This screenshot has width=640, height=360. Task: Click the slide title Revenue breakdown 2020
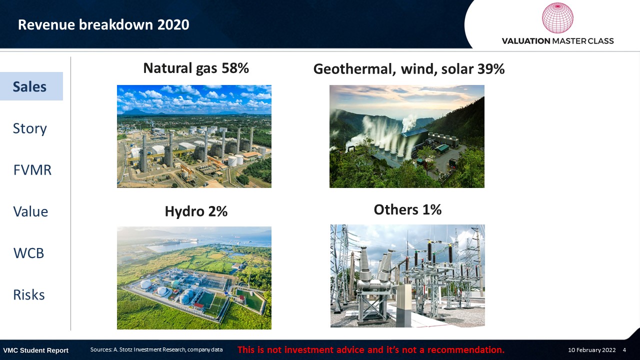pyautogui.click(x=103, y=24)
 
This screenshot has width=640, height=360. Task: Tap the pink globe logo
pyautogui.click(x=557, y=17)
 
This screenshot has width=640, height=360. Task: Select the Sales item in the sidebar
pyautogui.click(x=29, y=86)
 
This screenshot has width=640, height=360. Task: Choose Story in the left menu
pyautogui.click(x=29, y=128)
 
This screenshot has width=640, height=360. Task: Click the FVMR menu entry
pyautogui.click(x=32, y=170)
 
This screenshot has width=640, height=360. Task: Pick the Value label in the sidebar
pyautogui.click(x=30, y=211)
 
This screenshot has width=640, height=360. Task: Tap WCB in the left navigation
pyautogui.click(x=28, y=253)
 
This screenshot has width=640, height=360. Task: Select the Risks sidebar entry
pyautogui.click(x=29, y=295)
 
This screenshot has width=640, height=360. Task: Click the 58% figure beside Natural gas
pyautogui.click(x=235, y=68)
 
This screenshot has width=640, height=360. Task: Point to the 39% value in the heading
pyautogui.click(x=490, y=69)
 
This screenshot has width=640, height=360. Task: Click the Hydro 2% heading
pyautogui.click(x=196, y=211)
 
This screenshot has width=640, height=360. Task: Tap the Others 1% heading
pyautogui.click(x=407, y=209)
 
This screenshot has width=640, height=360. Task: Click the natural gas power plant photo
pyautogui.click(x=194, y=136)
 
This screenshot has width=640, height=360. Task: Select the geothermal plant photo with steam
pyautogui.click(x=407, y=136)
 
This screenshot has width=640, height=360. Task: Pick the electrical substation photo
pyautogui.click(x=407, y=275)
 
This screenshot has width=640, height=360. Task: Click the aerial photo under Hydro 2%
pyautogui.click(x=194, y=278)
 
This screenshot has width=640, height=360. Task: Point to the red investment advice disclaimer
pyautogui.click(x=371, y=349)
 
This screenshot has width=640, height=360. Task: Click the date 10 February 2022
pyautogui.click(x=591, y=350)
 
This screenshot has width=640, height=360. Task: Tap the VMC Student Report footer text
pyautogui.click(x=35, y=350)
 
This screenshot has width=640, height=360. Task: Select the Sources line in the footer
pyautogui.click(x=156, y=349)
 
